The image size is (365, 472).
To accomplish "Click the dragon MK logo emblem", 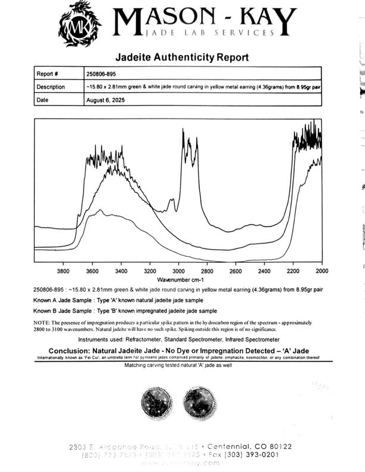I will click(x=79, y=23).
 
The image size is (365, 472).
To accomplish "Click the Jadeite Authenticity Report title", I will click(x=182, y=58).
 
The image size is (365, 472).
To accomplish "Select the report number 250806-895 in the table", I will click(x=106, y=74).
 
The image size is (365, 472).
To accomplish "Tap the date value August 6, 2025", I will click(x=107, y=100).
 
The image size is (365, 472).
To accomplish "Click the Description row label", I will click(x=51, y=87).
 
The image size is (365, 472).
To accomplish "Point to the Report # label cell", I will click(x=47, y=74).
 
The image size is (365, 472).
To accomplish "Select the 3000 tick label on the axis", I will click(x=178, y=271).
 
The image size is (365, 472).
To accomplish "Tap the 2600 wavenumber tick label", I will click(x=236, y=271).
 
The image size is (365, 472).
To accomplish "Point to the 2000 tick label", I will click(x=321, y=271).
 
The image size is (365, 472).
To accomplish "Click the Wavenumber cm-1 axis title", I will click(x=180, y=279).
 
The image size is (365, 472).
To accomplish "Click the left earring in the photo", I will click(x=157, y=403).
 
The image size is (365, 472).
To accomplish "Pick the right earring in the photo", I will click(x=199, y=403).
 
